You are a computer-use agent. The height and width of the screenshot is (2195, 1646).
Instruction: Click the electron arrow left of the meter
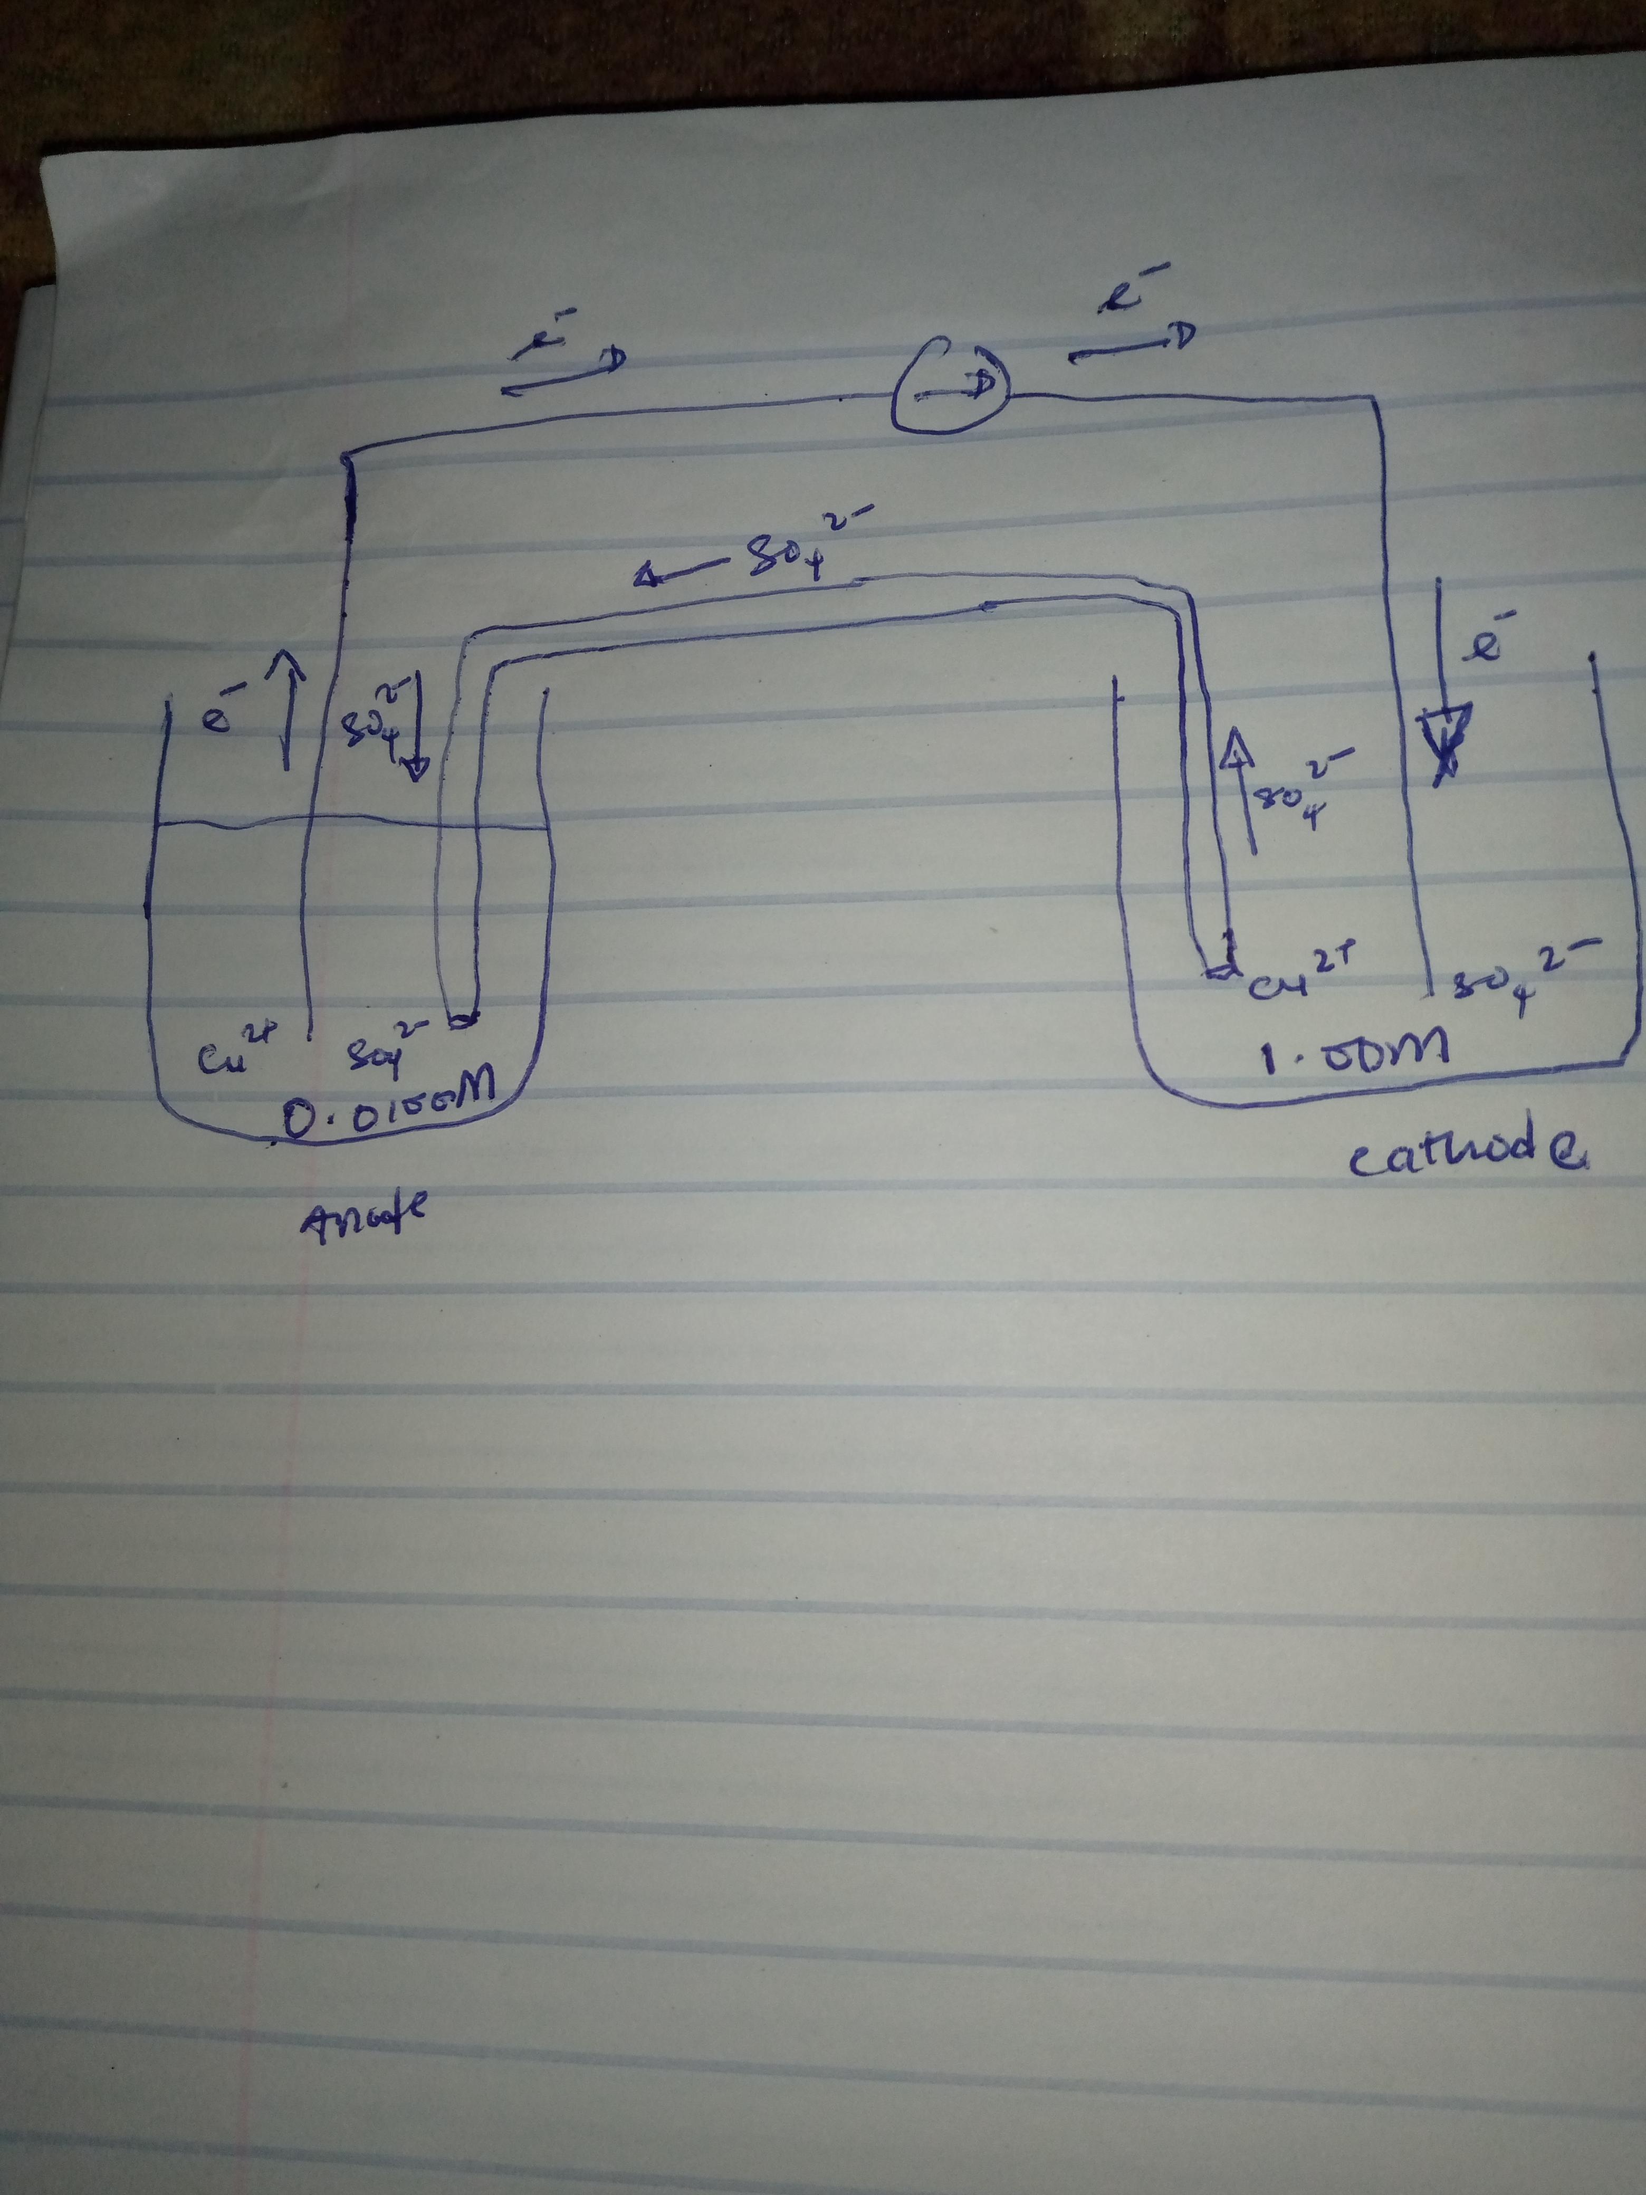(562, 372)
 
